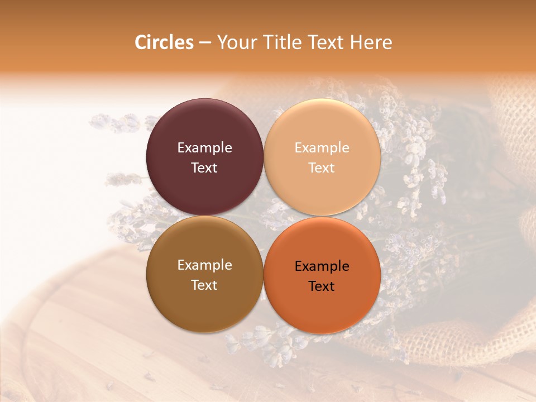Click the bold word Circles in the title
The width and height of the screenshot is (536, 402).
pos(164,42)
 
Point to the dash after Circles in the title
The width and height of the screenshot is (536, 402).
pos(205,43)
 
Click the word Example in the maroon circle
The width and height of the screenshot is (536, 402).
pos(204,148)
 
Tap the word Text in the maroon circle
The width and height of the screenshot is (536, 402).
pos(204,167)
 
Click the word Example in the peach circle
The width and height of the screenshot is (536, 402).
pos(322,148)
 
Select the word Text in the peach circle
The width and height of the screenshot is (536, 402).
pos(322,167)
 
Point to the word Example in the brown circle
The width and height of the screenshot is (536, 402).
pos(204,265)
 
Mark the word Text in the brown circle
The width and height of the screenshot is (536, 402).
pos(204,285)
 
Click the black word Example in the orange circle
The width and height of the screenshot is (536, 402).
pos(322,266)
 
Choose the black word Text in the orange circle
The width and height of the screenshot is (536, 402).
pos(322,286)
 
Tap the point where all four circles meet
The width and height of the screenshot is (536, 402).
pos(264,216)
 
